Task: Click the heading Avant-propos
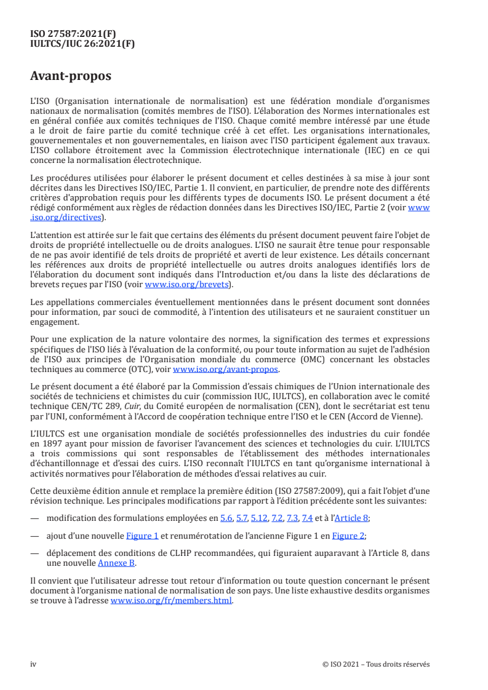point(71,77)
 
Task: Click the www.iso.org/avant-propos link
point(226,369)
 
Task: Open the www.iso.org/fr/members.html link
point(171,601)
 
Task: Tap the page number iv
point(33,664)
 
